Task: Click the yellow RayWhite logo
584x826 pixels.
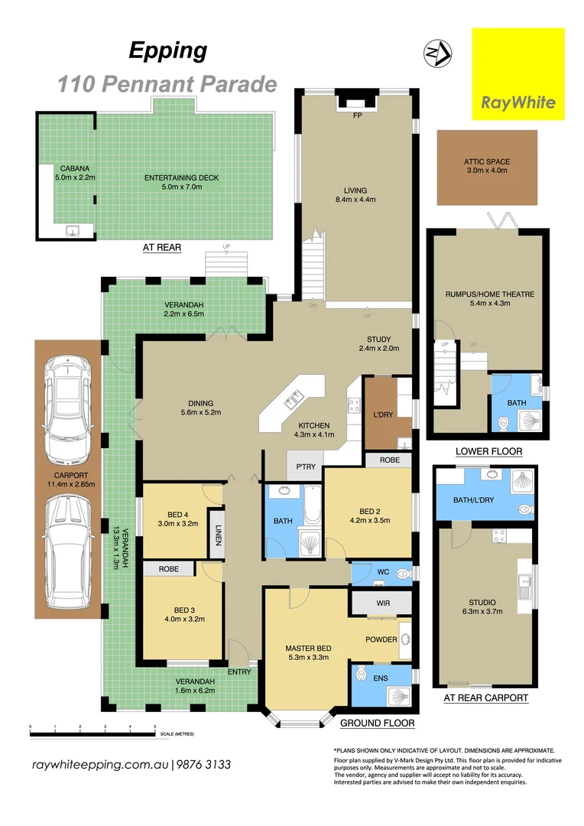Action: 517,73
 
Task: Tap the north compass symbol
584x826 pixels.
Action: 436,54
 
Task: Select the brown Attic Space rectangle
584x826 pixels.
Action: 487,166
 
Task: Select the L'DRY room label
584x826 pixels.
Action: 382,415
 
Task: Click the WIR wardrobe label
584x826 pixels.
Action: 383,603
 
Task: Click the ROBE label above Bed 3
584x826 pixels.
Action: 169,569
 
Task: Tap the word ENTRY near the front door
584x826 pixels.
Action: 240,672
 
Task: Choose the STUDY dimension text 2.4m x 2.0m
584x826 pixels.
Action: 378,349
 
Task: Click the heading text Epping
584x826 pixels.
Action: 167,51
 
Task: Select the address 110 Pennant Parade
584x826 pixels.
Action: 167,83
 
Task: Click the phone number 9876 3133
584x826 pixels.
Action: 205,765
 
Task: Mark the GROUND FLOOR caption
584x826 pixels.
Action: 377,723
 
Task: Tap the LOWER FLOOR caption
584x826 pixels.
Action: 488,451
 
